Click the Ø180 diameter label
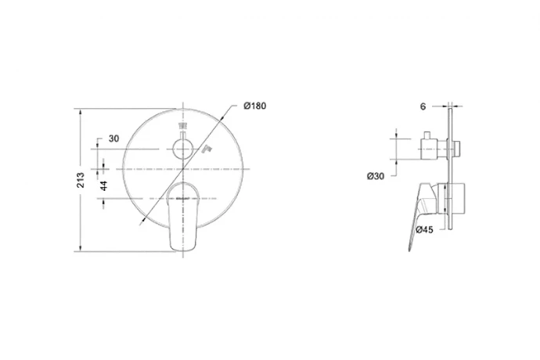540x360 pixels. coord(255,106)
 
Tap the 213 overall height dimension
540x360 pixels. coord(81,180)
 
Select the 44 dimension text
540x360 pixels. coord(103,185)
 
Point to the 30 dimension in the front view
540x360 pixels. coord(113,139)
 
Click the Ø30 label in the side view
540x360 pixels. coord(376,176)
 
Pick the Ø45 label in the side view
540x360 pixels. coord(424,229)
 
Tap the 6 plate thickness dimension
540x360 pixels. coord(423,106)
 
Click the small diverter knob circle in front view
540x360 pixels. coord(182,149)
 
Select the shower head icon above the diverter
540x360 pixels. coord(182,126)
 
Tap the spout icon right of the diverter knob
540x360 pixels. coord(207,149)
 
